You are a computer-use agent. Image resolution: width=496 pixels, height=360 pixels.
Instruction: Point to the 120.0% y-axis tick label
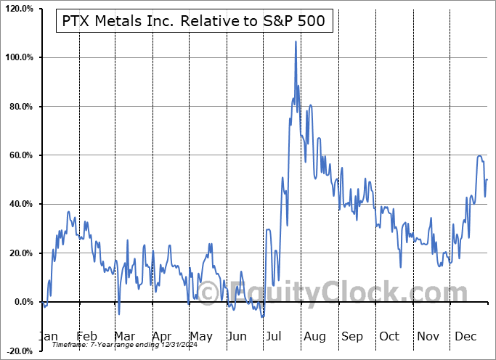[x=18, y=9]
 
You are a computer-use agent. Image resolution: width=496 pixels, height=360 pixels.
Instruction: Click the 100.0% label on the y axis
[x=18, y=57]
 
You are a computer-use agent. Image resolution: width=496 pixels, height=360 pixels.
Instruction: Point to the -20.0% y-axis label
[x=18, y=351]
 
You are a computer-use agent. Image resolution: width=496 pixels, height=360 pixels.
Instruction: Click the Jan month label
[x=48, y=336]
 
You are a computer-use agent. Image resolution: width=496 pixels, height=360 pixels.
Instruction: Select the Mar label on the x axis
[x=123, y=336]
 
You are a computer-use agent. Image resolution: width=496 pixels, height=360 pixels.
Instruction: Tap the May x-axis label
[x=200, y=336]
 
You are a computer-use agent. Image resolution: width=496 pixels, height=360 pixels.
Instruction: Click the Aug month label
[x=314, y=336]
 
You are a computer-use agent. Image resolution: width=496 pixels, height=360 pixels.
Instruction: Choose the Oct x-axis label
[x=390, y=336]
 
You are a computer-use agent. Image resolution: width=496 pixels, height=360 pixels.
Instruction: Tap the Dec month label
[x=465, y=336]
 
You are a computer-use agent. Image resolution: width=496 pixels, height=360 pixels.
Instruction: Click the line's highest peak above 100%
[x=295, y=42]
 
